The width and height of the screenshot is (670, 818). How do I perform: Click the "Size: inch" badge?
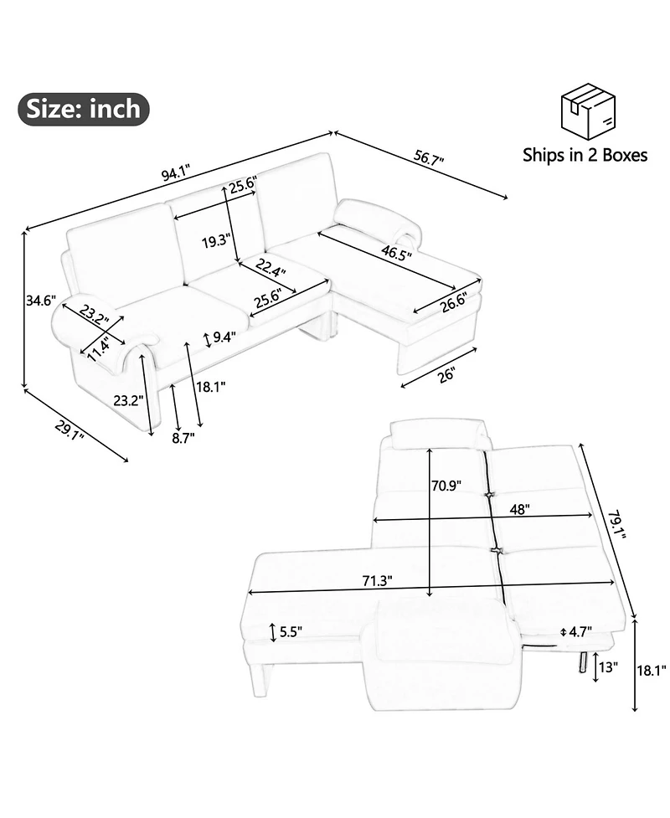click(84, 109)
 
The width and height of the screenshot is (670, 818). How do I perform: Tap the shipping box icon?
click(588, 111)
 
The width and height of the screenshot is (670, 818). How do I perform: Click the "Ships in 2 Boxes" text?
click(585, 155)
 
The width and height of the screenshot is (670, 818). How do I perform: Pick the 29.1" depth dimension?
click(70, 430)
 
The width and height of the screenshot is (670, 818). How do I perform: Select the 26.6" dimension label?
click(453, 303)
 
